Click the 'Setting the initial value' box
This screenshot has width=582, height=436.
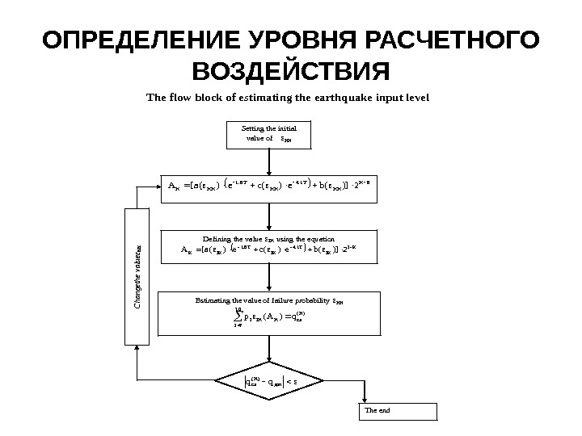[x=269, y=134]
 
